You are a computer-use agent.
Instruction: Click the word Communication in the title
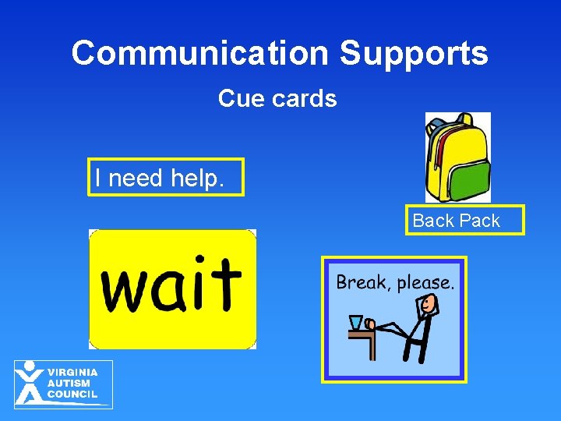click(200, 53)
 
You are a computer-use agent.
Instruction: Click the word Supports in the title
click(414, 53)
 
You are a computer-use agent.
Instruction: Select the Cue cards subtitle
click(277, 99)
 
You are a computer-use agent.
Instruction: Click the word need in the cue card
click(135, 179)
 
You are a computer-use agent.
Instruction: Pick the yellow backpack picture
click(458, 156)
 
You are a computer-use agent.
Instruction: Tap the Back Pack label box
click(466, 221)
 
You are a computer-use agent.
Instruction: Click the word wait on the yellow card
click(171, 285)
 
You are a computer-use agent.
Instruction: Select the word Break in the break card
click(362, 282)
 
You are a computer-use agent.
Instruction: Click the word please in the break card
click(425, 283)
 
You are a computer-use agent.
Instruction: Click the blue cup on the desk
click(356, 321)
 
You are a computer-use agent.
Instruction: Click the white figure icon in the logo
click(30, 382)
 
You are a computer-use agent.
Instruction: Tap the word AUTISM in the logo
click(69, 383)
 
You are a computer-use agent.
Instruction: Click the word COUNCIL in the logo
click(72, 394)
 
